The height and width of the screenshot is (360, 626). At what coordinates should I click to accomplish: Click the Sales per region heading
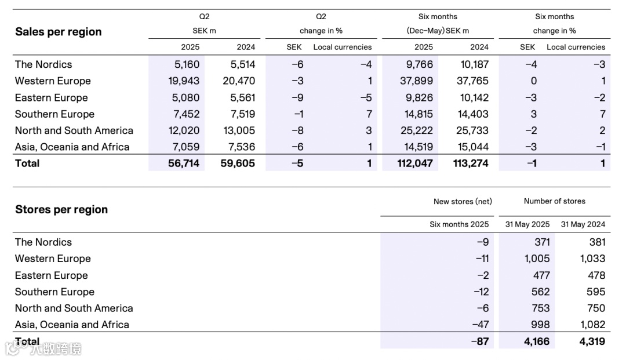coord(58,32)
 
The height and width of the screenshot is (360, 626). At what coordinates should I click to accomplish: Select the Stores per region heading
coord(61,209)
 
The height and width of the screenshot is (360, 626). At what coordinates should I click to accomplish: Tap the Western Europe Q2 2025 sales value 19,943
coord(184,81)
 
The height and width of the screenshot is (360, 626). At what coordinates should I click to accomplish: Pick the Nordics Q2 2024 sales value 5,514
coord(239,64)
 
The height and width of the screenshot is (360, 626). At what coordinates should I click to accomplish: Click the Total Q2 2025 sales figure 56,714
coord(183,163)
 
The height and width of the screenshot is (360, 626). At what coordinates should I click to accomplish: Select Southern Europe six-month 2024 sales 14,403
coord(471,114)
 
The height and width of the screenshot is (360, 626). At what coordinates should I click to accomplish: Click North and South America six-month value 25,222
coord(416,130)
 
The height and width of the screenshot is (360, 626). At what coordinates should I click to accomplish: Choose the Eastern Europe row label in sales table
coord(51,97)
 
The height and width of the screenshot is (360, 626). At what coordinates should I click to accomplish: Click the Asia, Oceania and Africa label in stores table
coord(72,325)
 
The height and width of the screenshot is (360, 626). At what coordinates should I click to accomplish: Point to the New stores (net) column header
coord(463,202)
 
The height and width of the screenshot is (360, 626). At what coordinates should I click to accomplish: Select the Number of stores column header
coord(554,201)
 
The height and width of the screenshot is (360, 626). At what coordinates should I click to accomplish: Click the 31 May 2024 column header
coord(583,224)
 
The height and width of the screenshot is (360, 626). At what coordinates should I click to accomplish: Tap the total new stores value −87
coord(480,341)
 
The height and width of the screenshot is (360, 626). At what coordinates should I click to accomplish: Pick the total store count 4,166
coord(537,341)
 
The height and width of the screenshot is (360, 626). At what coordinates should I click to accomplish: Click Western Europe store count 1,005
coord(536,259)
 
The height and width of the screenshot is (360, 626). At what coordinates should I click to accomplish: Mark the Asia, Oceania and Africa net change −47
coord(480,325)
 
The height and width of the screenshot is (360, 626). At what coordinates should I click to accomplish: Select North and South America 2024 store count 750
coord(596,308)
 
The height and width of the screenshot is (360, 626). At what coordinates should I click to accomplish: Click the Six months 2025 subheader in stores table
coord(459,224)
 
